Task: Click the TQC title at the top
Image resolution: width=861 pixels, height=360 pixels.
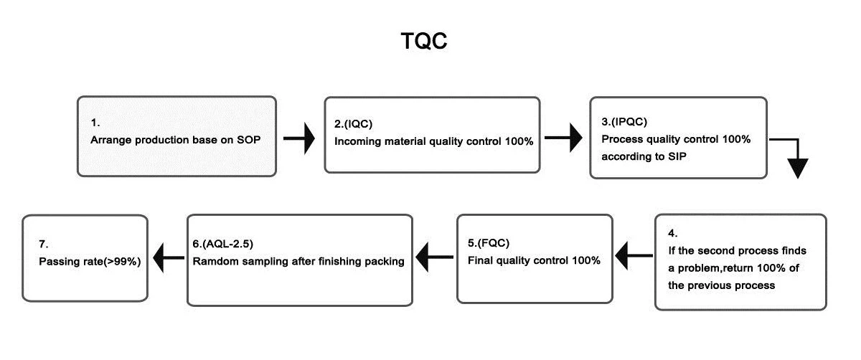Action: [x=424, y=42]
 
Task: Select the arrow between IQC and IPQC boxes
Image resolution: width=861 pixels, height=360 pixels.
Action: [x=565, y=138]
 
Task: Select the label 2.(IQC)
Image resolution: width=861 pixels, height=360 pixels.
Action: [x=354, y=123]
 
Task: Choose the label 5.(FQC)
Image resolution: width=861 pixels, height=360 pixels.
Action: [x=487, y=243]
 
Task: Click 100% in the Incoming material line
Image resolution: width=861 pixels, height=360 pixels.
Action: [x=517, y=141]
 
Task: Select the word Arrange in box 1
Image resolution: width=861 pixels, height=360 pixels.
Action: [x=110, y=141]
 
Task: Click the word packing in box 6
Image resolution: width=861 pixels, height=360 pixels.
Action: [x=385, y=261]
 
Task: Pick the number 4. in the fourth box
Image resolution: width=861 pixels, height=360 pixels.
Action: [x=672, y=233]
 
